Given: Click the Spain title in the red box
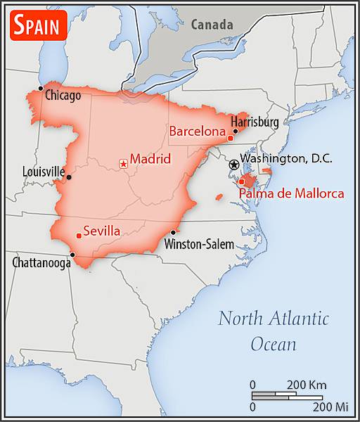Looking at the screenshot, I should click(39, 25).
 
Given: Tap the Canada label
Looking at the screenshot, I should click(212, 25).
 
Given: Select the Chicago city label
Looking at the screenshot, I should click(63, 95).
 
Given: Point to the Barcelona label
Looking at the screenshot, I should click(197, 131).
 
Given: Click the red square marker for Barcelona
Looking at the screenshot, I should click(230, 138).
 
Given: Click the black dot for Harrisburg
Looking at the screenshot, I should click(235, 130).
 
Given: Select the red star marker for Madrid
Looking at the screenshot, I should click(124, 163).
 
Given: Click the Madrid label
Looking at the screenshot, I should click(150, 159).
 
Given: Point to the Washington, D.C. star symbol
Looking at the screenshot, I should click(233, 165).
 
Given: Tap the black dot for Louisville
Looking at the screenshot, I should click(68, 177).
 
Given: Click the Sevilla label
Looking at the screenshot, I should click(101, 231).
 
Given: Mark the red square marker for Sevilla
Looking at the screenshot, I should click(78, 236).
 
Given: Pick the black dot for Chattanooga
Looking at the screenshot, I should click(72, 255).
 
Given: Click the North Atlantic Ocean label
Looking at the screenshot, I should click(274, 331).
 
